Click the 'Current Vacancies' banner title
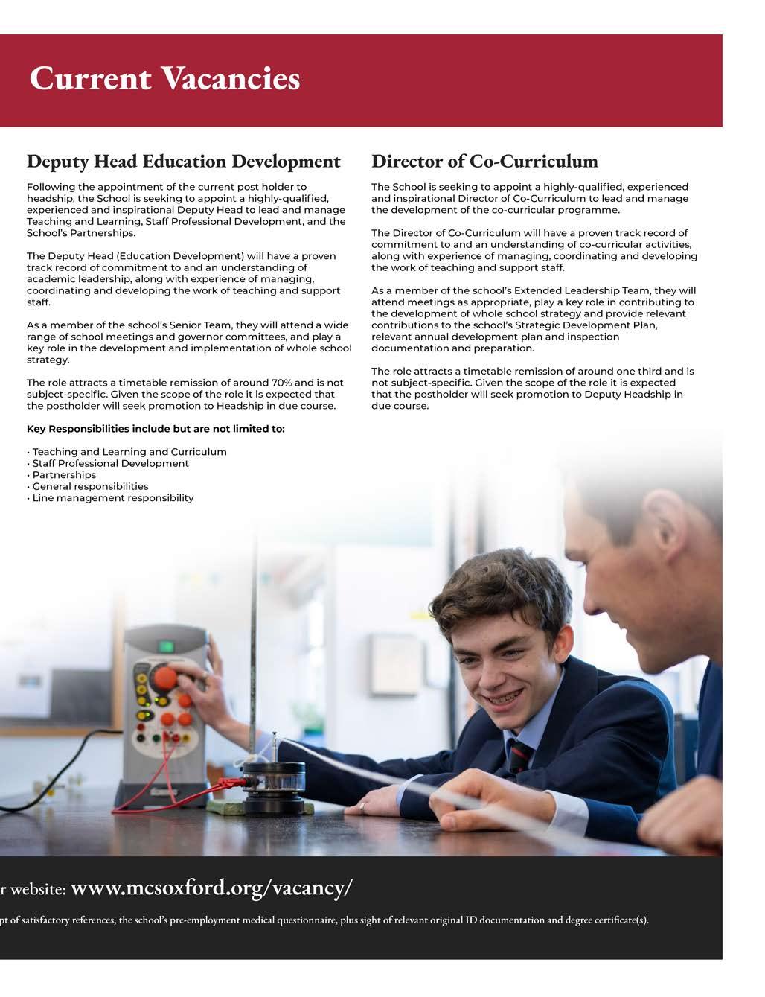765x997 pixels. point(164,78)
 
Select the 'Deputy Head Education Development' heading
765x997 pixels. point(183,161)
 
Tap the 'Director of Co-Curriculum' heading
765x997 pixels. point(484,161)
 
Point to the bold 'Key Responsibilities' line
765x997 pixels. point(156,429)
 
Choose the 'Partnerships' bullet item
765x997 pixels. point(64,475)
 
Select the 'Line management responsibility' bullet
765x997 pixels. point(112,498)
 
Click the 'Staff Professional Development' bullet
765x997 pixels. point(110,463)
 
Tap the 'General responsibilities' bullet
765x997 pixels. point(90,486)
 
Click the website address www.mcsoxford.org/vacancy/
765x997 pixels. point(211,888)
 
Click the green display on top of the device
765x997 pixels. point(167,645)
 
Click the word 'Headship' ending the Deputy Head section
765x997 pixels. point(239,406)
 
